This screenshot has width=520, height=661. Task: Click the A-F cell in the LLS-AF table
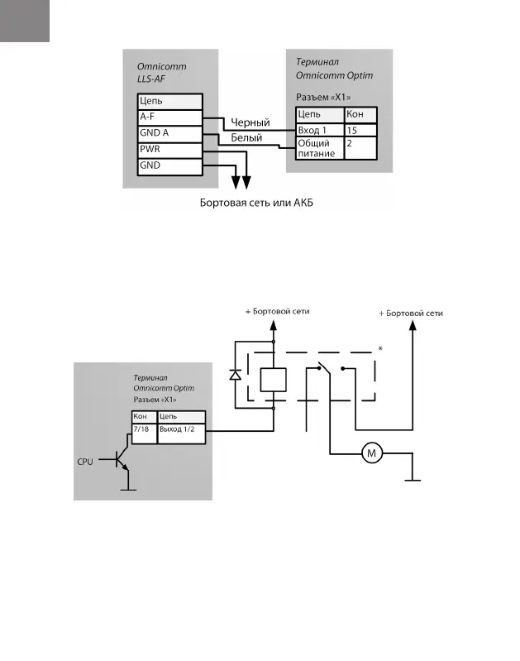tap(169, 117)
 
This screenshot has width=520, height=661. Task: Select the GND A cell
tap(169, 133)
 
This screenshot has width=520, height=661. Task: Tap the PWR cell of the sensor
tap(169, 150)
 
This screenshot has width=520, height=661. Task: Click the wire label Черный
tap(250, 123)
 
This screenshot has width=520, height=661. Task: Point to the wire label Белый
tap(247, 139)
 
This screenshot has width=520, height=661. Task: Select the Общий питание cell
tap(318, 149)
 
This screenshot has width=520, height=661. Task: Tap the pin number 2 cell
tap(360, 149)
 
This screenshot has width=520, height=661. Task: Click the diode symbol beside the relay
tap(235, 375)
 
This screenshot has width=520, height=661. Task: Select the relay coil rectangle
tap(273, 380)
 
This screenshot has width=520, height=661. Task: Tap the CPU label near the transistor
tap(85, 461)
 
